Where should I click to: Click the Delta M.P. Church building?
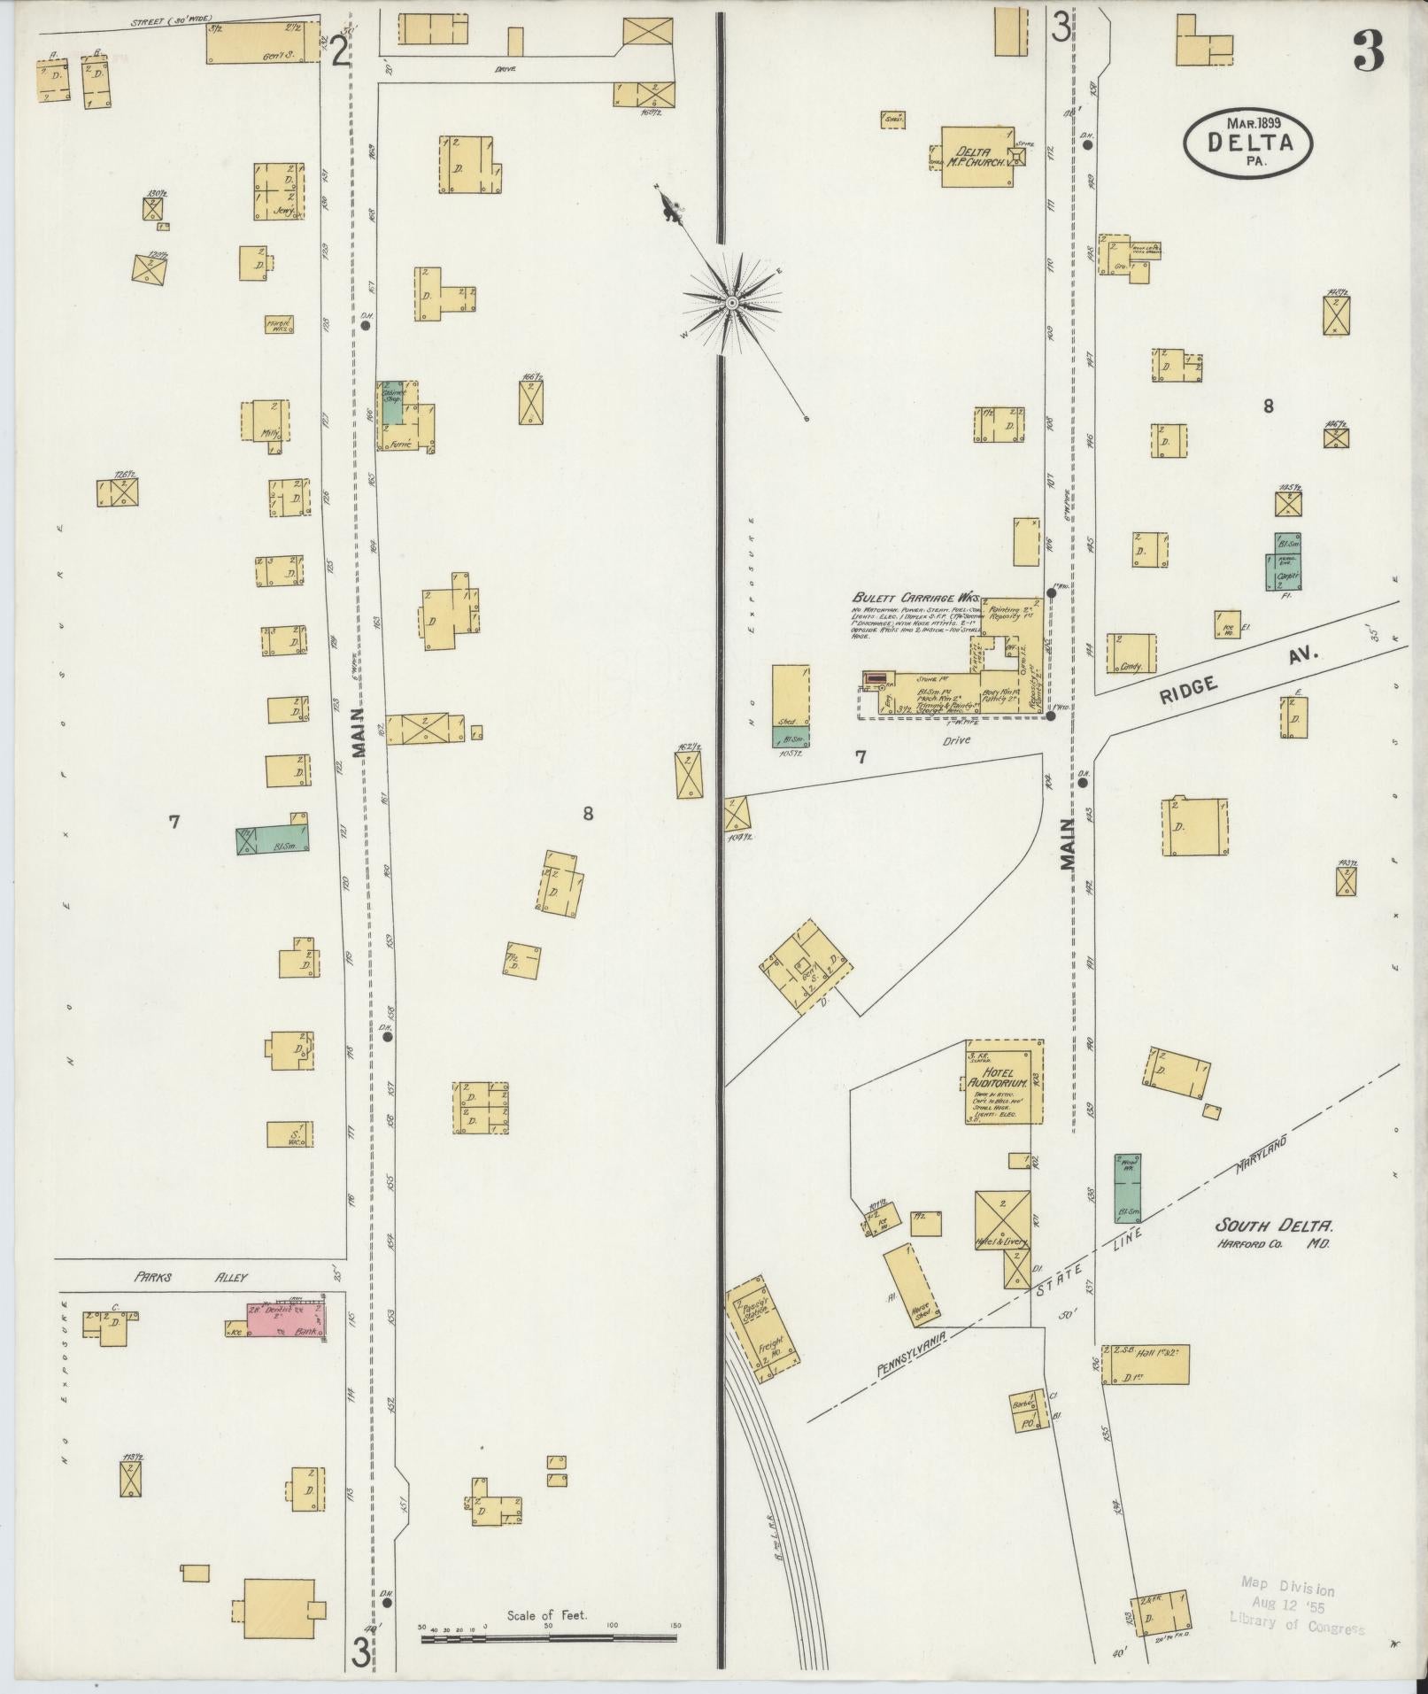click(976, 157)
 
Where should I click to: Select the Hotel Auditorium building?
click(1003, 1081)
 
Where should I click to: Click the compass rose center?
click(732, 303)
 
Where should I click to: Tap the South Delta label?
click(1272, 1227)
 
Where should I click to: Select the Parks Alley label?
click(191, 1277)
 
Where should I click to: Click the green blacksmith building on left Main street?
click(272, 837)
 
